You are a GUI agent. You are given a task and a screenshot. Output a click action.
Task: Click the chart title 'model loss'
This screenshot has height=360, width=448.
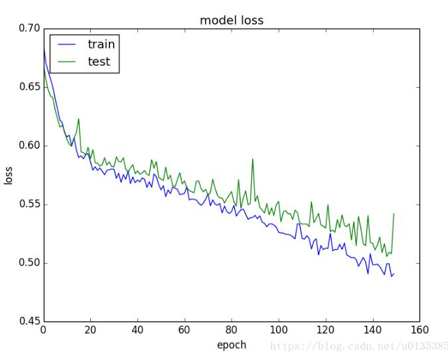click(x=232, y=21)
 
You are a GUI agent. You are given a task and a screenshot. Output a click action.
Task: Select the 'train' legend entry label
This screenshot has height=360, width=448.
click(x=101, y=45)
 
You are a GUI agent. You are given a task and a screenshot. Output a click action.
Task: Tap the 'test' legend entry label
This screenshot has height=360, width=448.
click(x=99, y=62)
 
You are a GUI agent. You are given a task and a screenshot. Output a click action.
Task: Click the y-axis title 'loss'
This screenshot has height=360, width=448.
click(x=9, y=175)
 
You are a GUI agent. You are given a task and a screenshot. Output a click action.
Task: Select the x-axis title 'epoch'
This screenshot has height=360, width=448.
click(x=231, y=345)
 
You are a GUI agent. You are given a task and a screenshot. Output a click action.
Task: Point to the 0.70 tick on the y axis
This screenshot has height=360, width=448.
click(x=29, y=29)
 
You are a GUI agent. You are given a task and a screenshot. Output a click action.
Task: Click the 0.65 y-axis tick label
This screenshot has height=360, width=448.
click(x=29, y=87)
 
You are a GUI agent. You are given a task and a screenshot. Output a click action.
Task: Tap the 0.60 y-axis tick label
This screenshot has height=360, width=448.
click(x=29, y=145)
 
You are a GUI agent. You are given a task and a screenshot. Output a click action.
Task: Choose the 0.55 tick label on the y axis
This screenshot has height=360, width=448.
click(x=29, y=204)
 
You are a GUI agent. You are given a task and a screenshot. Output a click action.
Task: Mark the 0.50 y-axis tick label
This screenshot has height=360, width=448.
click(x=29, y=263)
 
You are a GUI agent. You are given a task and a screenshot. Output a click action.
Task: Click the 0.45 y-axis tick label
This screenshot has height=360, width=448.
click(x=29, y=321)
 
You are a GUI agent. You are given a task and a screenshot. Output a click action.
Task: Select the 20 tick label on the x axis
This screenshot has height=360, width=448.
click(x=90, y=330)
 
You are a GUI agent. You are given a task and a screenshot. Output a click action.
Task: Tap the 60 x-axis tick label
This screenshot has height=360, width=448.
click(x=185, y=330)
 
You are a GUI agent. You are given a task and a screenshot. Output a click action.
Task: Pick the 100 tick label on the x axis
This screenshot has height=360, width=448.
click(x=279, y=330)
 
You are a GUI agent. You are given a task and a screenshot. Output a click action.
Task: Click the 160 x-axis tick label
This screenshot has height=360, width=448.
click(x=419, y=330)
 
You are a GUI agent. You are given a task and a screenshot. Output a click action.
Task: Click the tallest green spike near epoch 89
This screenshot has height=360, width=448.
click(x=253, y=159)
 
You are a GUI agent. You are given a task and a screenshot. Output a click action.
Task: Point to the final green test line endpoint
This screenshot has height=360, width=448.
click(x=394, y=214)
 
